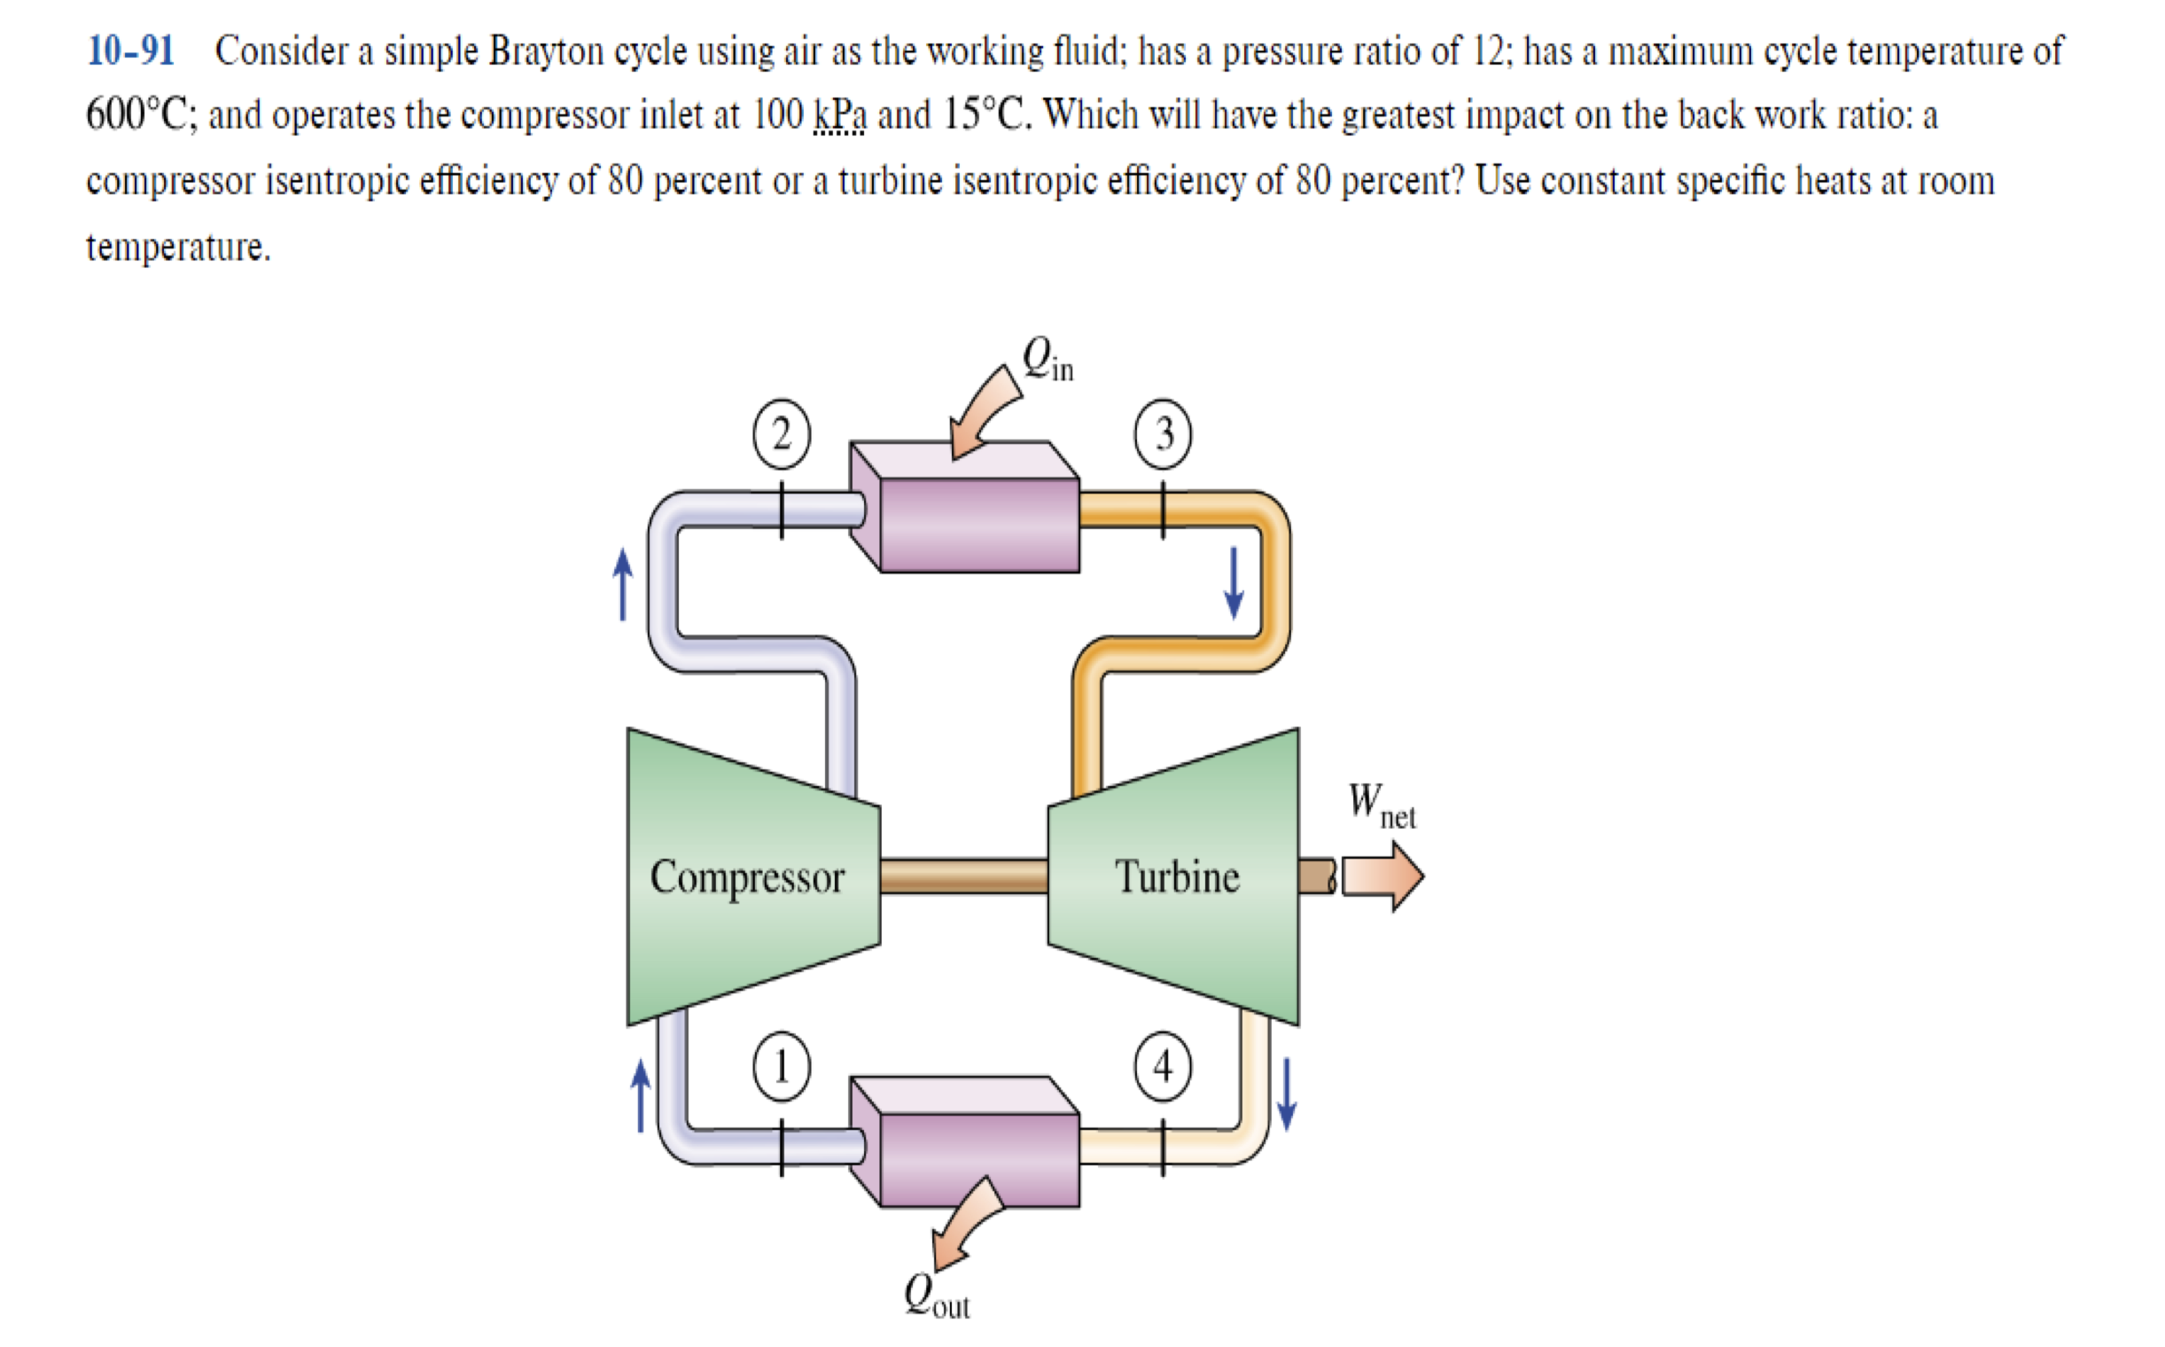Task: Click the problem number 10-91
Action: (x=130, y=51)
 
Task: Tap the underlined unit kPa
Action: (x=839, y=116)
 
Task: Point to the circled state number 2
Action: (x=782, y=435)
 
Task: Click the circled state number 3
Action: (x=1163, y=435)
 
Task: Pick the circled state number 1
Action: (x=782, y=1066)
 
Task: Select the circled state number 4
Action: (x=1163, y=1066)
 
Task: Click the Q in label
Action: (x=1047, y=359)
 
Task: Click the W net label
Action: (x=1380, y=804)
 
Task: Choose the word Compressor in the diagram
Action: (x=746, y=877)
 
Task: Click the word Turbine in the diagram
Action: (x=1177, y=877)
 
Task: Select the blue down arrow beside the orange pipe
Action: (x=1234, y=582)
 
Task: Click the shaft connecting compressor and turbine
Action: (x=964, y=876)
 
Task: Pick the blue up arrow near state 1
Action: (x=641, y=1095)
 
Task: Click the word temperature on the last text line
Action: (x=177, y=246)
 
